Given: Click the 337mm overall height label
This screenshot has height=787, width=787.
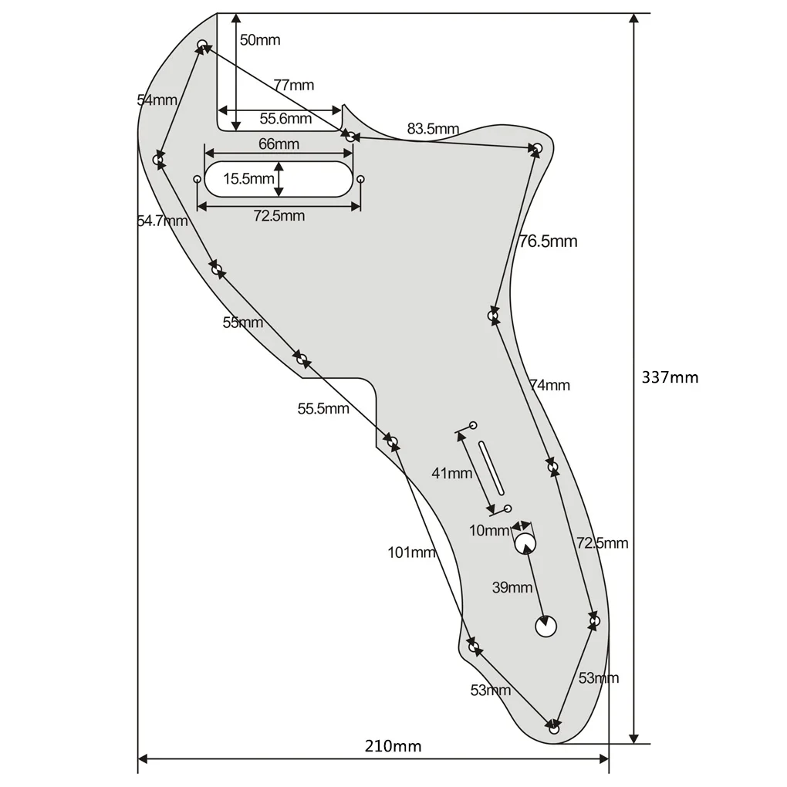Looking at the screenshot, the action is pos(669,377).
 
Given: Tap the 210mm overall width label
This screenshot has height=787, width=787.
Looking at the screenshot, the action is pos(393,746).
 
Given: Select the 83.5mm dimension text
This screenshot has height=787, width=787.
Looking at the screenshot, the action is pos(433,129).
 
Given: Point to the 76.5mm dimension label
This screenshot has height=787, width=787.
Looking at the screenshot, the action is pos(548,242).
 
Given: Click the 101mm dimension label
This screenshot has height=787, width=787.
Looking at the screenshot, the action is pos(411,552).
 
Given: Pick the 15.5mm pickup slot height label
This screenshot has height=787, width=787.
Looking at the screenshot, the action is pos(248,179).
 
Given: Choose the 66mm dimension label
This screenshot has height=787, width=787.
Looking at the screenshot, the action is pos(279,144).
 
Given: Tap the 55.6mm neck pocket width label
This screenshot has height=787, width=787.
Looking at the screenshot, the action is pos(285,119).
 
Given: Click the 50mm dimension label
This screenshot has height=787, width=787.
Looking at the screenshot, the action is pos(260,40).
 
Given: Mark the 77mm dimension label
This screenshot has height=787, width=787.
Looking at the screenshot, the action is pos(293,85).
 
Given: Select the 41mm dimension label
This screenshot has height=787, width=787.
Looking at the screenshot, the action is pos(452,473).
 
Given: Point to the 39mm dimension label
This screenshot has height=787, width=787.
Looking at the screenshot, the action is pos(512,587).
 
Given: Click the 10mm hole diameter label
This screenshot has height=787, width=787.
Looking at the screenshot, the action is pos(489,530).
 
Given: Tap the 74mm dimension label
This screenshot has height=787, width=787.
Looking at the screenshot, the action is pos(549,385).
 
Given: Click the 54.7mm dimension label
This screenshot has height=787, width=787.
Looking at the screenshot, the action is pos(162,221).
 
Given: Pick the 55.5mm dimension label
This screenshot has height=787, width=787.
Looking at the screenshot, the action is pos(323,409).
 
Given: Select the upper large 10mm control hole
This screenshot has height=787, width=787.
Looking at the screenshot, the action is pos(525,543).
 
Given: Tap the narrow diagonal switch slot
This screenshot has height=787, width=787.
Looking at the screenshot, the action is pos(491,466).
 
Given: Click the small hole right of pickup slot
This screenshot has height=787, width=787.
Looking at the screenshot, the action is pos(360,179).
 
